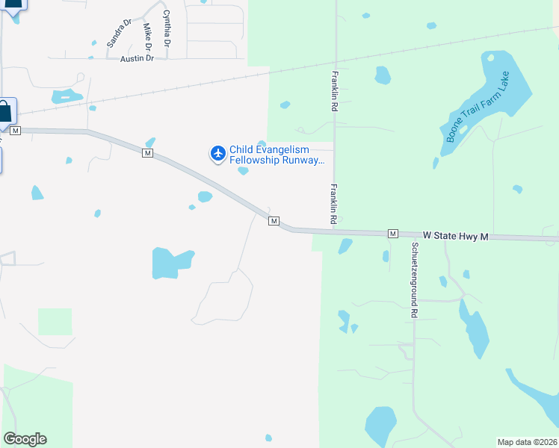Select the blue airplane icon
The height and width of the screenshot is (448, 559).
[x=217, y=154]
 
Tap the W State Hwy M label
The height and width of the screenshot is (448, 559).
[x=455, y=235]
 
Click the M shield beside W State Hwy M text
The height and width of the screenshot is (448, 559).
[x=392, y=234]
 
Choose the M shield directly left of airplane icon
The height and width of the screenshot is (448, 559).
[x=147, y=153]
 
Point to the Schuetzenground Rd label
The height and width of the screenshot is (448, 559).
[x=413, y=280]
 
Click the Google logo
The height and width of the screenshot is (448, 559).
[x=25, y=439]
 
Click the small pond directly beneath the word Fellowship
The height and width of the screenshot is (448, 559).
[x=243, y=171]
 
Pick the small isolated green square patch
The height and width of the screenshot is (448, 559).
[x=55, y=321]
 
